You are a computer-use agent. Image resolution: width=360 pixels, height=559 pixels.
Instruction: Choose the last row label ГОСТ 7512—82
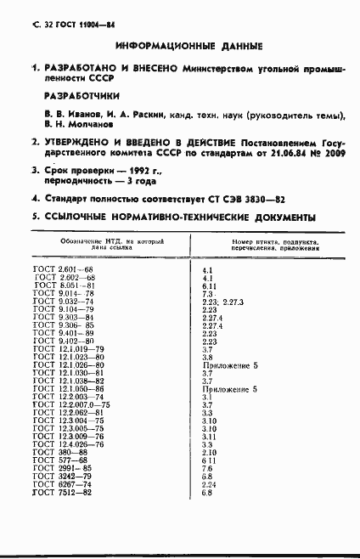(60, 493)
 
